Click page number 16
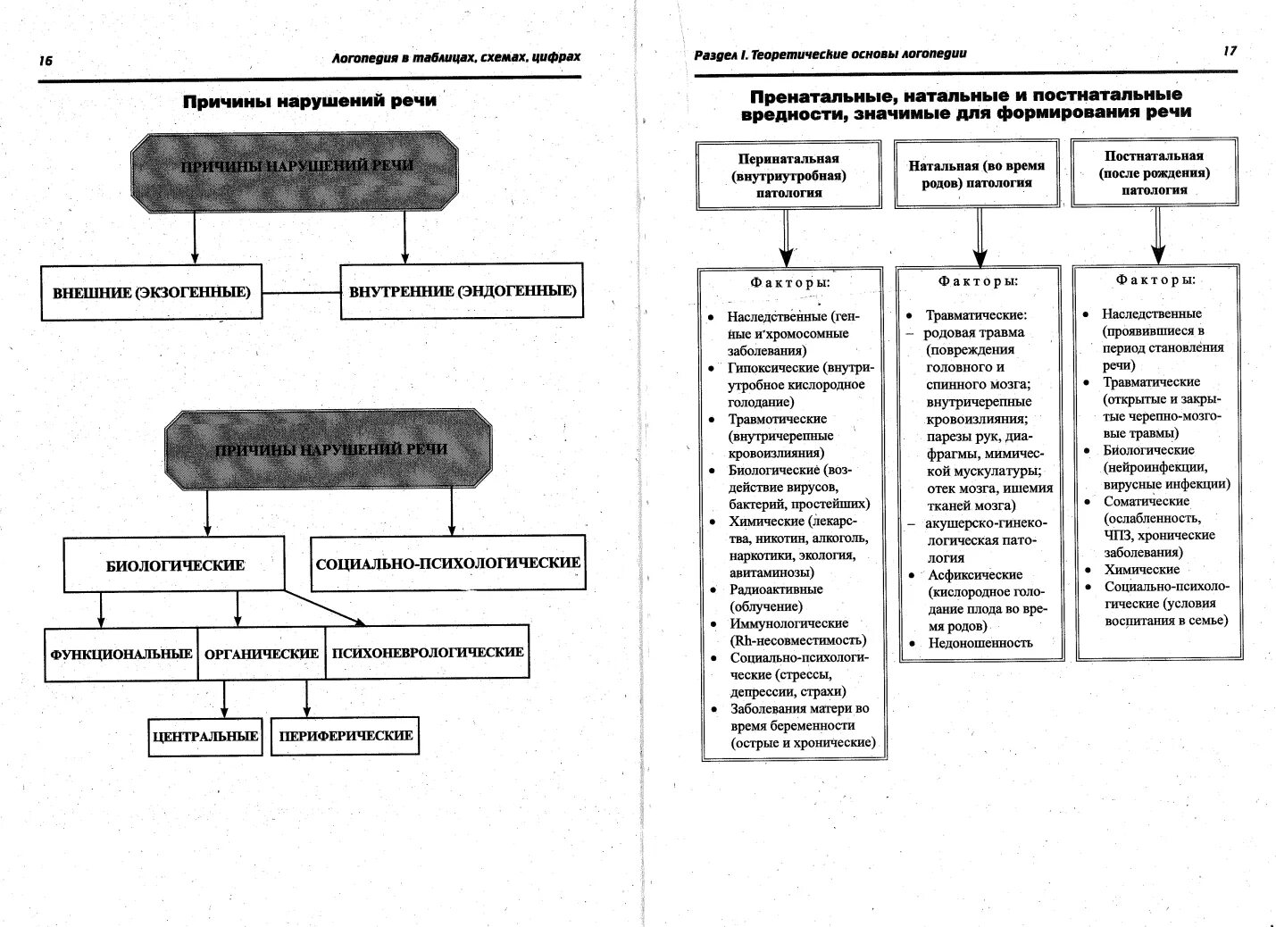46,61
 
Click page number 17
1230,51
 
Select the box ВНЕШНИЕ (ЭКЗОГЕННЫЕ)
152,292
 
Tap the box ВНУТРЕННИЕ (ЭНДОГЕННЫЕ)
462,291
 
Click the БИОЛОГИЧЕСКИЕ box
175,564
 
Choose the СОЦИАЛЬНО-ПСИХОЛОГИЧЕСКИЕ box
447,563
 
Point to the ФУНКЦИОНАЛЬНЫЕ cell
121,654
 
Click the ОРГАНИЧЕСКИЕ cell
261,654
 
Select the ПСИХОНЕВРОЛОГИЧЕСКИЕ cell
427,652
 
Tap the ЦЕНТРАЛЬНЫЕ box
205,736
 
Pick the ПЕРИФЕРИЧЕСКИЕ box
346,736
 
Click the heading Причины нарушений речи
310,101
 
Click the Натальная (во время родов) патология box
976,174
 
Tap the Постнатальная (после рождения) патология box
1154,172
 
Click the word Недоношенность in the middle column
980,642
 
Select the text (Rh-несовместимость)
797,640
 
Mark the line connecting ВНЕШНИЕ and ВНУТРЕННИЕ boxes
302,292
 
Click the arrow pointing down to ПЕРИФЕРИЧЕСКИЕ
306,699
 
